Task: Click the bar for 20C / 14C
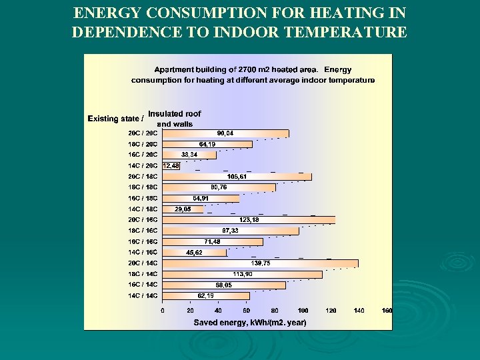(260, 263)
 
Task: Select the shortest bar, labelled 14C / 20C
(171, 165)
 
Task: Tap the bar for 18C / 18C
(219, 187)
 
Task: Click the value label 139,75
(260, 263)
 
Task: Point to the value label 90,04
(225, 133)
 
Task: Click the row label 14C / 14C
(143, 295)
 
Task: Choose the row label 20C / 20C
(143, 133)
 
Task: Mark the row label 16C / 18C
(143, 198)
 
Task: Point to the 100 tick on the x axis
(303, 311)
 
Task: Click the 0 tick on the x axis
(163, 311)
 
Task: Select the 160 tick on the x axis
(387, 311)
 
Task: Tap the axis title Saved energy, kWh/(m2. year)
(250, 323)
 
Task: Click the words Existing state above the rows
(113, 119)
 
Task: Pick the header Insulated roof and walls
(174, 119)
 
